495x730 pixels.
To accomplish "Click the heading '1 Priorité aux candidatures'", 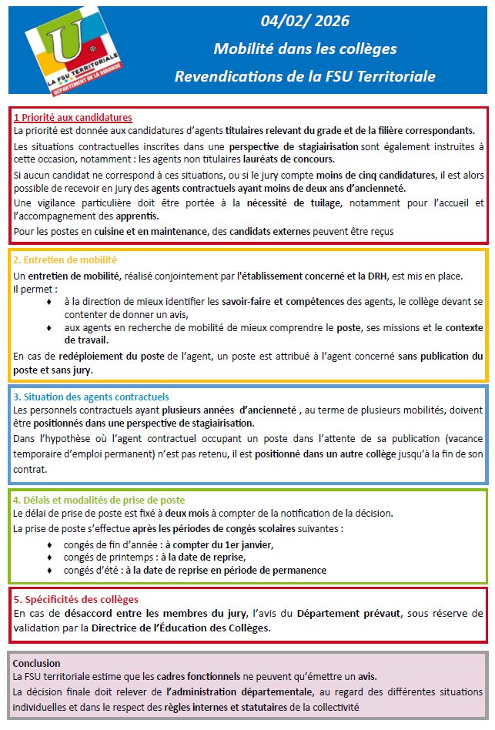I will pyautogui.click(x=73, y=118).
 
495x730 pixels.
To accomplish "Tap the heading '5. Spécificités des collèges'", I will pyautogui.click(x=76, y=599).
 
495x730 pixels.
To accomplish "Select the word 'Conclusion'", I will pyautogui.click(x=37, y=663).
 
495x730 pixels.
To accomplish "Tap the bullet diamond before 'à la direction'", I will pyautogui.click(x=50, y=302).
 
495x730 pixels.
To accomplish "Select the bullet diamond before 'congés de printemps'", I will pyautogui.click(x=50, y=558).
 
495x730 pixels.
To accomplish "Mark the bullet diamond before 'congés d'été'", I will pyautogui.click(x=50, y=571).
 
